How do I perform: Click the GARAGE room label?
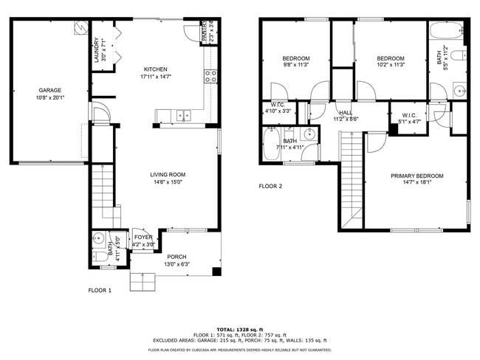click(x=50, y=90)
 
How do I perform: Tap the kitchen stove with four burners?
click(x=210, y=73)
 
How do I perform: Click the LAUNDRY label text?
click(x=96, y=50)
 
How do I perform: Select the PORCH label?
click(x=176, y=257)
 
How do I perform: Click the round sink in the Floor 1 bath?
click(x=100, y=238)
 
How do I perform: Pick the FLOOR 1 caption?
click(x=100, y=291)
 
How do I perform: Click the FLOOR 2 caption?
click(x=270, y=186)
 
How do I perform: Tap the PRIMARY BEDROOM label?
click(x=417, y=176)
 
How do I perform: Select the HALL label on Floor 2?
click(x=346, y=112)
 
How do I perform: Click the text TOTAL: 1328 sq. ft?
click(x=240, y=329)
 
